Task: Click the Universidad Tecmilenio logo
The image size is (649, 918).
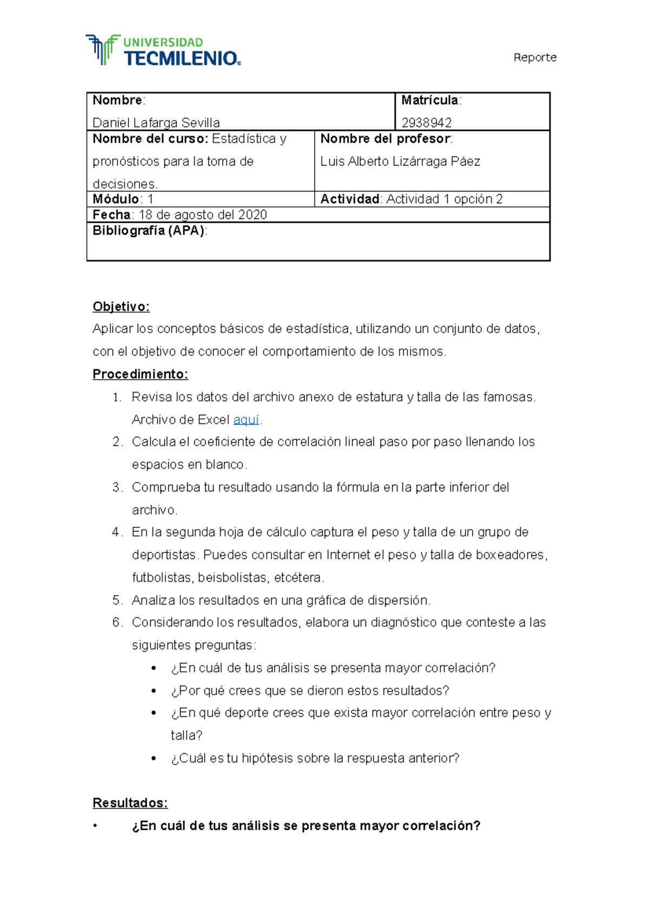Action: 163,50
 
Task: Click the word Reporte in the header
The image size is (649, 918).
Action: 534,57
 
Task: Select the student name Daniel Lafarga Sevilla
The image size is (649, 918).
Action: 156,123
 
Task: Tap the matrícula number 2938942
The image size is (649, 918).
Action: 426,123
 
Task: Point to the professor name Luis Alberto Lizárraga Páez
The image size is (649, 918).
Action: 400,162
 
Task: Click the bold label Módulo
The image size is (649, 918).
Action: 116,199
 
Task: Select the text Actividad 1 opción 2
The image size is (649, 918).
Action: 444,199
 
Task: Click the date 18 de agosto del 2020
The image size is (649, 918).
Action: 203,215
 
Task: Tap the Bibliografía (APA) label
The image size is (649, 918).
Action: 149,231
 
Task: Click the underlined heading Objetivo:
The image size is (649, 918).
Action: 121,307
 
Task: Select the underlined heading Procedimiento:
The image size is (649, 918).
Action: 140,374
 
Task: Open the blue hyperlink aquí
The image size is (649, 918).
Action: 246,420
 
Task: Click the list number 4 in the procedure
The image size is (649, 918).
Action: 117,532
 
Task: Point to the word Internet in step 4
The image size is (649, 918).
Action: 348,555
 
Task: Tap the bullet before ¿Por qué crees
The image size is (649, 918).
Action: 154,691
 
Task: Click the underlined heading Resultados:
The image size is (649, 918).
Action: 130,803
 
